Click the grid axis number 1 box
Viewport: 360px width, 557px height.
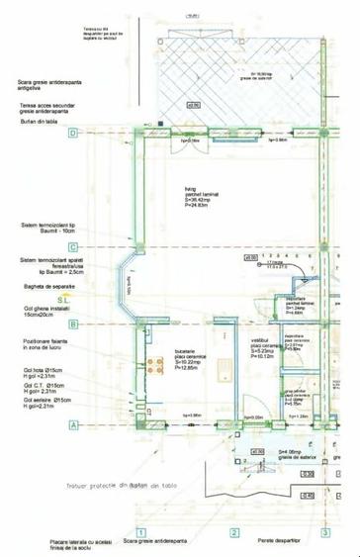click(x=140, y=533)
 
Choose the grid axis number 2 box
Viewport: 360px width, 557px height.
click(x=234, y=533)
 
